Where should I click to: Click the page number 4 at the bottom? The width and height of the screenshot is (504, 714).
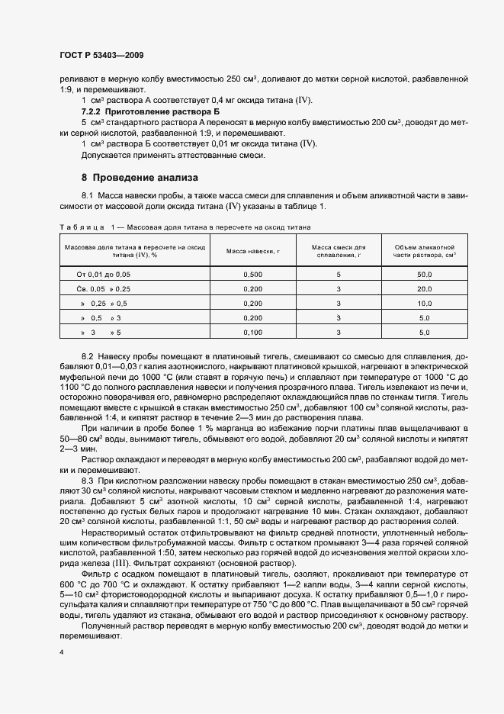[62, 652]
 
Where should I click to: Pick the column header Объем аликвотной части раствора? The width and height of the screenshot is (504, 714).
[425, 252]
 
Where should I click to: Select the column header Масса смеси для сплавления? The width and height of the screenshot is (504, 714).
[339, 252]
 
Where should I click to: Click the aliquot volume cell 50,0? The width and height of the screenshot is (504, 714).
[425, 273]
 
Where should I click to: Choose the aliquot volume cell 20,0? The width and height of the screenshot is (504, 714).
[425, 288]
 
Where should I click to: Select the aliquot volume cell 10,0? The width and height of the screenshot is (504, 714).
[425, 303]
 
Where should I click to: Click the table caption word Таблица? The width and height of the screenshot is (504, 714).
[81, 227]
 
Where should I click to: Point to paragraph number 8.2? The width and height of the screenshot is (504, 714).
[87, 356]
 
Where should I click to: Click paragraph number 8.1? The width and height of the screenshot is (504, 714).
[87, 197]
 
